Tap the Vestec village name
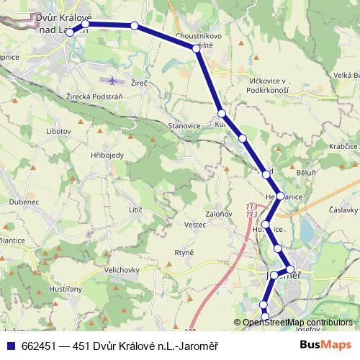(x=196, y=225)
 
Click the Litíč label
(x=135, y=209)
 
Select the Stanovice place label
(x=184, y=125)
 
